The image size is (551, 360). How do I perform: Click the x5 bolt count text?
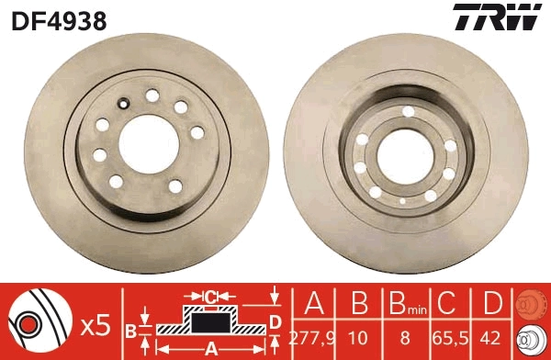[96, 323]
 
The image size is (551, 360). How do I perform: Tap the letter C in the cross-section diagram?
[211, 296]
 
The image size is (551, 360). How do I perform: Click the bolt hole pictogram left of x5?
[39, 322]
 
